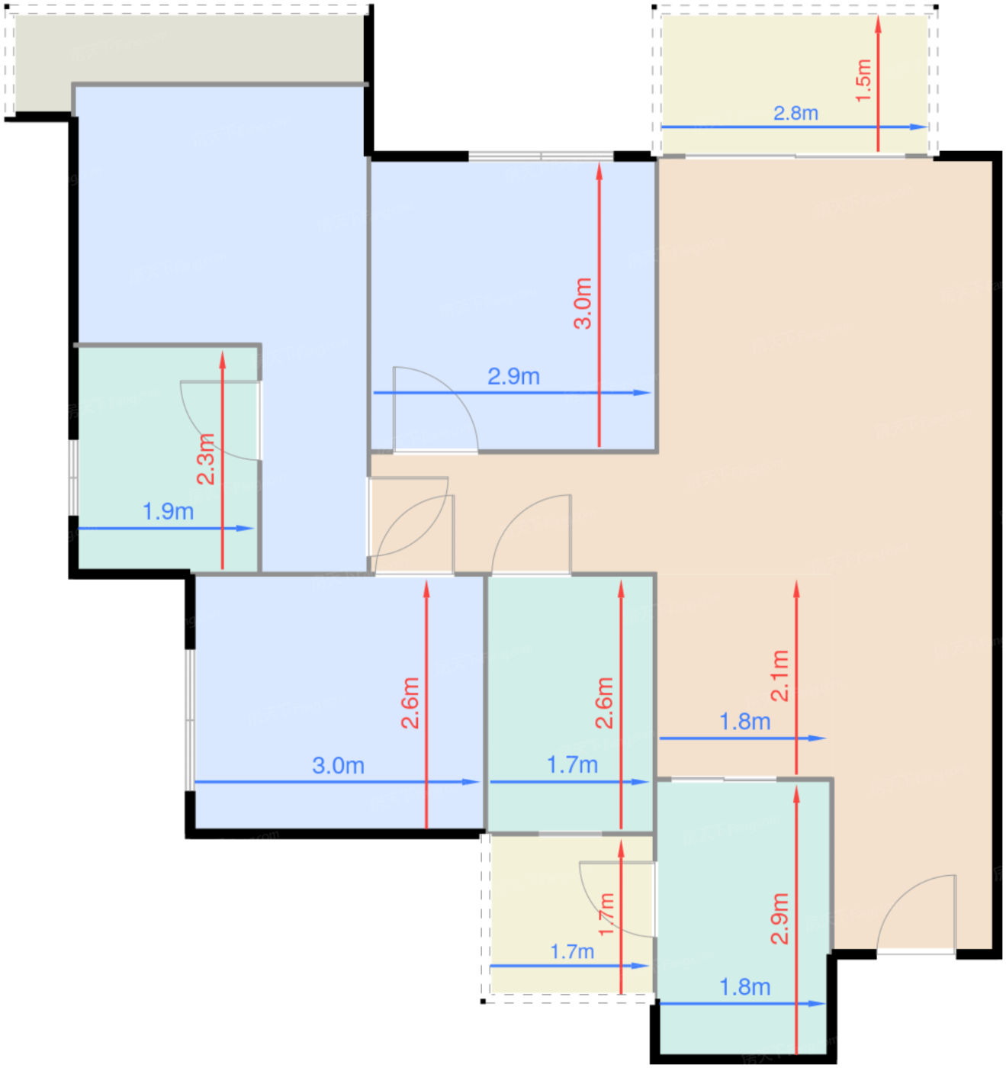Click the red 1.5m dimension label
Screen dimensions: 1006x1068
(x=863, y=81)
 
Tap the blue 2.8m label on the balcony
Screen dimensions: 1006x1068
(x=795, y=113)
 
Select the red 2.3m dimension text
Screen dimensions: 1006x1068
(x=205, y=459)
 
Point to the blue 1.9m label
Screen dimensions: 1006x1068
(x=168, y=511)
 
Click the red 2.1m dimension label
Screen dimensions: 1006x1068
(x=779, y=676)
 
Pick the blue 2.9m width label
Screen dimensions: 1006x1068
(x=513, y=376)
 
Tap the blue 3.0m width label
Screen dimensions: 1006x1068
(x=338, y=765)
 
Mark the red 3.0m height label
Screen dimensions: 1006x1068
(x=583, y=304)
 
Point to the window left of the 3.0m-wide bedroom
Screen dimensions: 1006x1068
(x=190, y=720)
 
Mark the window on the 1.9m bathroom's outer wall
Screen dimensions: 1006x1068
(x=73, y=478)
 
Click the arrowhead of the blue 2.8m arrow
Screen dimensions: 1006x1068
(x=918, y=127)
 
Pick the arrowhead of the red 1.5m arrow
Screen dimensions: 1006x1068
(x=878, y=24)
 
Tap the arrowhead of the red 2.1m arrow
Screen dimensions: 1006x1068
(x=796, y=589)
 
